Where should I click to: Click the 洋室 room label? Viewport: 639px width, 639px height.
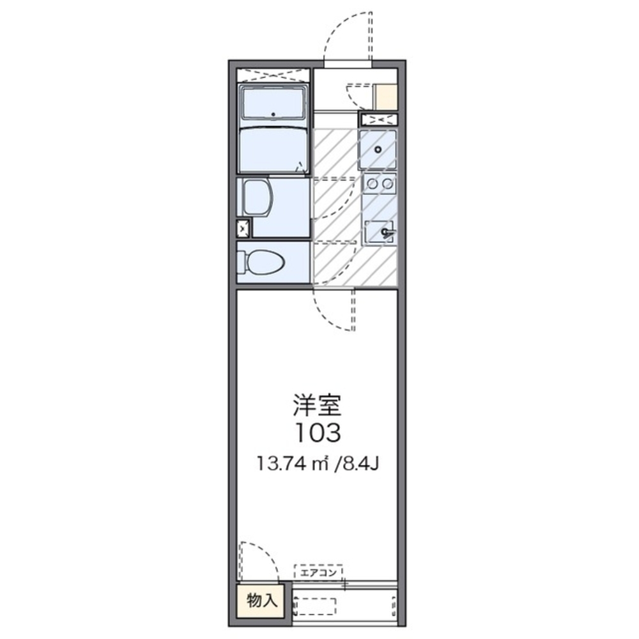(317, 405)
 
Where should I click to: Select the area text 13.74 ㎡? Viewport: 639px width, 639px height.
(293, 464)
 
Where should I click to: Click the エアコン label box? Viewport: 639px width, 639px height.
(318, 572)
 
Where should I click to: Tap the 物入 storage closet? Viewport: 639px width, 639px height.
(261, 600)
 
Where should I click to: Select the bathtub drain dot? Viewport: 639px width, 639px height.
(273, 114)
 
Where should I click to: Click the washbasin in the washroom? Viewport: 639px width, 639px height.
(256, 199)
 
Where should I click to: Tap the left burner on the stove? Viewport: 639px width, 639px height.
(372, 184)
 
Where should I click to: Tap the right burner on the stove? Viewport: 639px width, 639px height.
(388, 184)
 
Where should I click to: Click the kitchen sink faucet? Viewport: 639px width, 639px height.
(387, 233)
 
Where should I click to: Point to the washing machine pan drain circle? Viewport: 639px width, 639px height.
(378, 150)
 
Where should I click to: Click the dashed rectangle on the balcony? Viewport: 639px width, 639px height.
(316, 606)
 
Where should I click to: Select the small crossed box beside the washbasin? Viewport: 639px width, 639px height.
(243, 229)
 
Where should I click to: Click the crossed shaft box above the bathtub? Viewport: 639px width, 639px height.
(273, 75)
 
